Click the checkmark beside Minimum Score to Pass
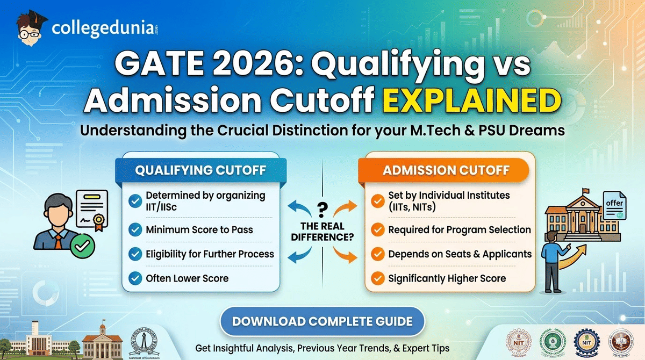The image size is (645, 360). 135,230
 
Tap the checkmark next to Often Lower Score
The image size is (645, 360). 135,278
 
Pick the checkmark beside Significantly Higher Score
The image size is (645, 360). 378,278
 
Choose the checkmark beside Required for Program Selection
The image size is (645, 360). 378,230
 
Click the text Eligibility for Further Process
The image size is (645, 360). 210,254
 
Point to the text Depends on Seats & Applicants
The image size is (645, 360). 460,254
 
